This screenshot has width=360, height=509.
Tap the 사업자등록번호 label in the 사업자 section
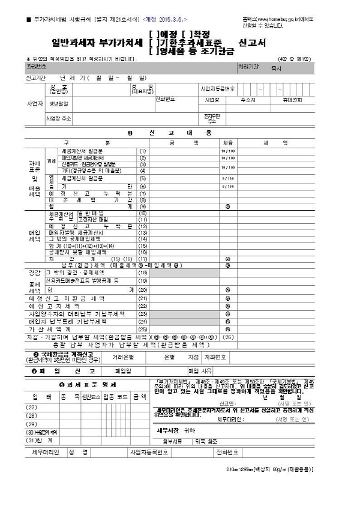tap(223, 88)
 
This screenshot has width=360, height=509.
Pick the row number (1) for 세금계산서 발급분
tap(143, 151)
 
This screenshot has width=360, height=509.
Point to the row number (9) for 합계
tap(143, 206)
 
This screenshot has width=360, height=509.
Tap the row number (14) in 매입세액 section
tap(143, 239)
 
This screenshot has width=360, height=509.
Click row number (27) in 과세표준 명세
tap(32, 408)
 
